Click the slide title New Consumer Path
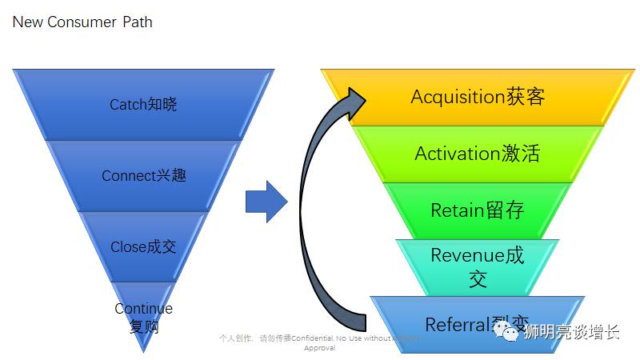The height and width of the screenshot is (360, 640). coord(82,22)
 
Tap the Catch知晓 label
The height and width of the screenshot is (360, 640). coord(143,105)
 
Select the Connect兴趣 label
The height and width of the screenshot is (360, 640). coord(143,175)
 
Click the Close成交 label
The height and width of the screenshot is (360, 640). coord(143,247)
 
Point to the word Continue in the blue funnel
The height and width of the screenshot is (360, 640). coord(143,309)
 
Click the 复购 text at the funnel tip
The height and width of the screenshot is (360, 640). coord(143,326)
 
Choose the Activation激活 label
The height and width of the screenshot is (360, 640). coord(477,154)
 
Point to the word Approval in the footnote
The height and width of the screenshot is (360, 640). coord(318,348)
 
